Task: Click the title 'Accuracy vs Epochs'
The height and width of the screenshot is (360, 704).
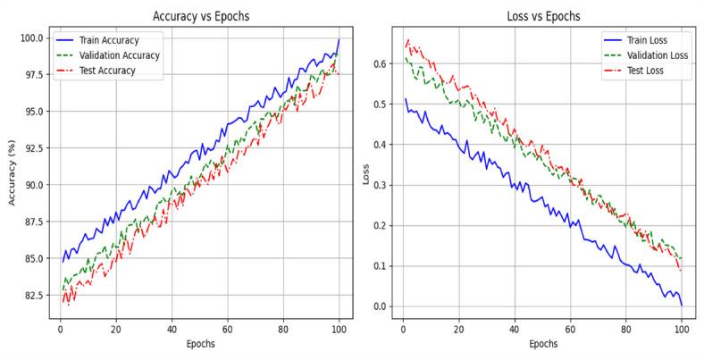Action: [200, 16]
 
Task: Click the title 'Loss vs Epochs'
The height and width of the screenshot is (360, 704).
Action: [542, 16]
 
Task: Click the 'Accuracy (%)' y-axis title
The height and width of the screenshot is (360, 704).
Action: [13, 172]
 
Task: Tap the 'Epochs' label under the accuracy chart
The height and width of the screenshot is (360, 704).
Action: [200, 343]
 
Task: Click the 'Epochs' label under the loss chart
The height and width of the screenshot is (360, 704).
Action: [542, 343]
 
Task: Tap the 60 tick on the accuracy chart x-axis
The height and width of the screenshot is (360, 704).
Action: [227, 328]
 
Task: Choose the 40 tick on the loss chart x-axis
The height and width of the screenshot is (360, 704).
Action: [514, 328]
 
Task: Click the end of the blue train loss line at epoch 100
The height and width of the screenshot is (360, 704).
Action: [682, 306]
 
